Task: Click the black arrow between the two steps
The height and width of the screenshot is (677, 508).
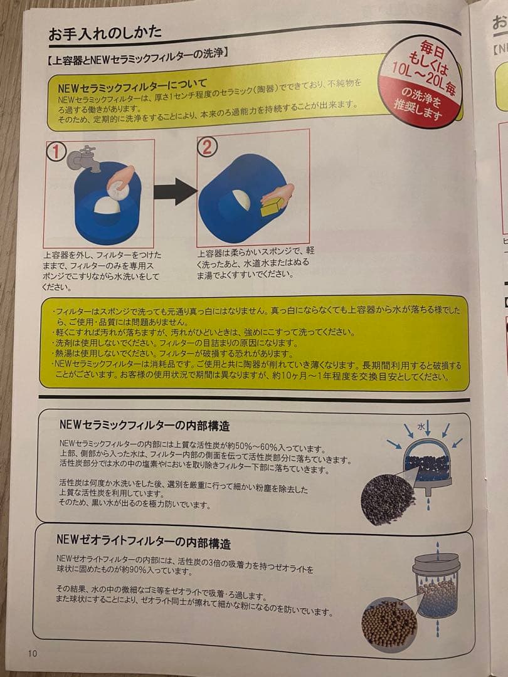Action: tap(175, 191)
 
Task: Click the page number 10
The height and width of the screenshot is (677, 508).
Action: tap(33, 653)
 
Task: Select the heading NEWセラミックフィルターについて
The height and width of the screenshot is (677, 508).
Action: tap(132, 84)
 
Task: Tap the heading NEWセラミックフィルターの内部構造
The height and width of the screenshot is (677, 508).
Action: tap(144, 426)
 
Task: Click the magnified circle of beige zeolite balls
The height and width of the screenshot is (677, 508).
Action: tap(389, 622)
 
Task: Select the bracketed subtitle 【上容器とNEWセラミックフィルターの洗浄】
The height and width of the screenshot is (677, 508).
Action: tap(136, 55)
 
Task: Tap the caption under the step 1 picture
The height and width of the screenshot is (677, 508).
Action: tap(102, 271)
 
